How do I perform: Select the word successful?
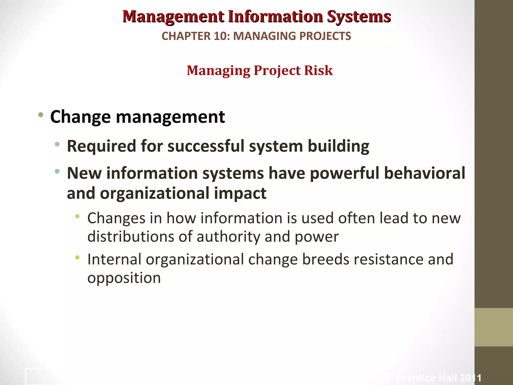coord(206,146)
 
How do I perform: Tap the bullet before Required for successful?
coord(57,144)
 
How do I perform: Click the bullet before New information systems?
coord(57,171)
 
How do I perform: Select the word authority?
coord(228,237)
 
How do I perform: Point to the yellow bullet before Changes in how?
coord(77,216)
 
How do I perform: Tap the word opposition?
coord(124,278)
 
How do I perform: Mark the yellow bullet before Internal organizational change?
coord(77,257)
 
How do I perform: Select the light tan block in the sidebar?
coord(494,327)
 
